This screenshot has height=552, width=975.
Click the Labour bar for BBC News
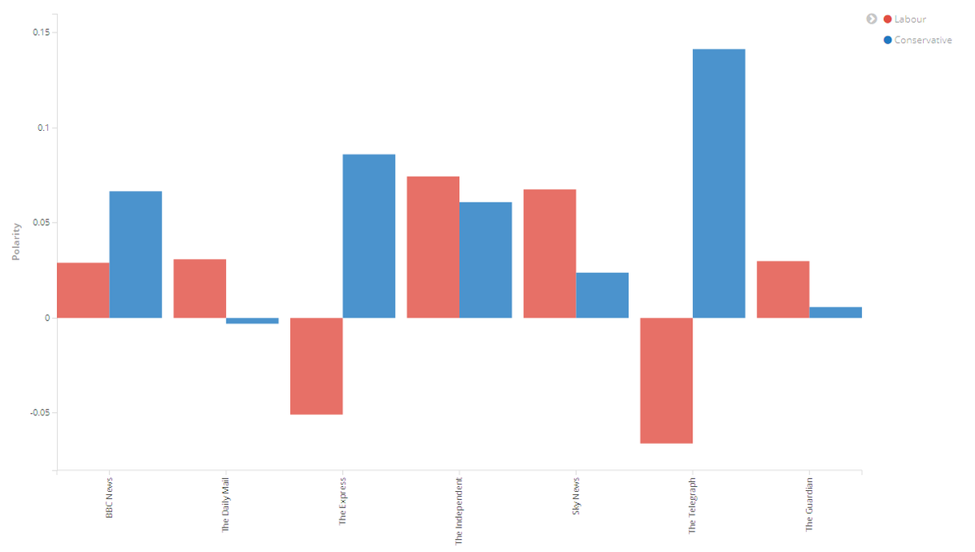click(x=83, y=290)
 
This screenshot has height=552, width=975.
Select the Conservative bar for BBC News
click(x=136, y=254)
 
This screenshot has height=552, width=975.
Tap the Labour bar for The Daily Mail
click(x=200, y=289)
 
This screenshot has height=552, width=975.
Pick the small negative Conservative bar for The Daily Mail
click(x=252, y=321)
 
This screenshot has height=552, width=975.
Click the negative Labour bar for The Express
click(x=316, y=366)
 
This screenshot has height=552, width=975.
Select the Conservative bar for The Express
click(x=369, y=236)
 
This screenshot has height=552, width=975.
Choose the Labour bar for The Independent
click(x=433, y=247)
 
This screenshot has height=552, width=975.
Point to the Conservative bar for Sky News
click(x=602, y=295)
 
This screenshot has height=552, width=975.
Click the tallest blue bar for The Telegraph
click(x=719, y=183)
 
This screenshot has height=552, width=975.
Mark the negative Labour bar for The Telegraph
click(x=666, y=380)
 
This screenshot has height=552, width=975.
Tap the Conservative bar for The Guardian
click(x=835, y=312)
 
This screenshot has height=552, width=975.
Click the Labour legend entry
click(x=909, y=20)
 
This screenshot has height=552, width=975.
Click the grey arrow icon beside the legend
click(x=872, y=19)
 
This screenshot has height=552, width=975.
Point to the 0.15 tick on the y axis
click(x=41, y=33)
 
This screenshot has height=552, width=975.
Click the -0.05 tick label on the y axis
click(x=39, y=413)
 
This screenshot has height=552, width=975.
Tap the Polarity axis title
click(x=15, y=241)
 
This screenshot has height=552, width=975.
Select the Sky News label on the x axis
click(x=576, y=498)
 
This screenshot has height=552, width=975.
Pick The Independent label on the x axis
click(x=459, y=510)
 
